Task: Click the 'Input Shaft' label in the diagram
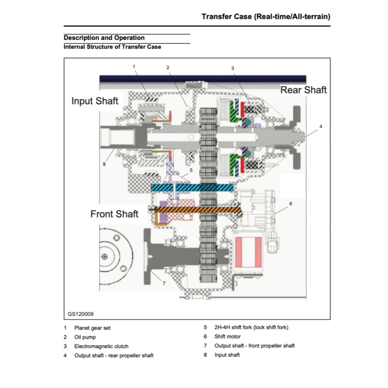point(95,101)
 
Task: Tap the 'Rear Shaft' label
point(303,90)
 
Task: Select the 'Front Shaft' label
point(114,214)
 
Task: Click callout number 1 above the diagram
point(134,66)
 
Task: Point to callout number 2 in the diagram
point(168,67)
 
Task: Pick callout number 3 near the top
point(233,68)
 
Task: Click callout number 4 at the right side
point(321,127)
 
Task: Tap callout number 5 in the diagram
point(191,170)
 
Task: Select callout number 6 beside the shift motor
point(291,203)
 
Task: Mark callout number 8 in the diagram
point(104,164)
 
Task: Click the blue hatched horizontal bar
point(192,188)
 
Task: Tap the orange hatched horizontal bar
point(197,209)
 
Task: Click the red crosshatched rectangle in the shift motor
point(249,250)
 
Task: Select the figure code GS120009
point(81,314)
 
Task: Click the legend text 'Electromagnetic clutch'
point(101,346)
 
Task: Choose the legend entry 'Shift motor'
point(227,336)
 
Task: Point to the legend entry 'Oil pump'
point(85,337)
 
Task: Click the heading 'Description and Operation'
point(104,38)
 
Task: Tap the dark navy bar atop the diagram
point(203,78)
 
